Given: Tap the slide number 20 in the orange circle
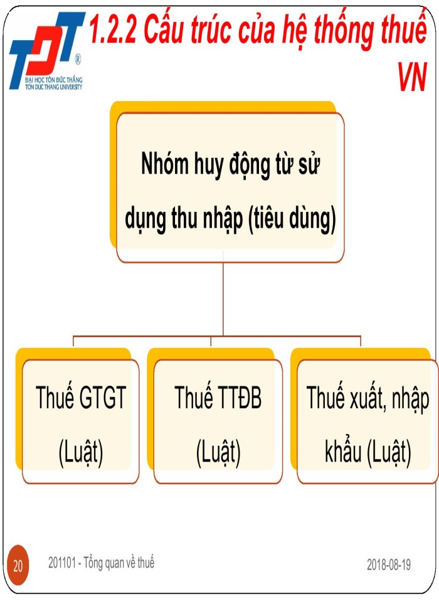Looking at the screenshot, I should (x=18, y=566).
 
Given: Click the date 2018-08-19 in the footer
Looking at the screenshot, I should (x=389, y=565).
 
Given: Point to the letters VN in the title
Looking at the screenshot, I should (x=412, y=79).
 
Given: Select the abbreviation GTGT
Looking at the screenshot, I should (x=103, y=399).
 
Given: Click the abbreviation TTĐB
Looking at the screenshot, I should (x=239, y=399).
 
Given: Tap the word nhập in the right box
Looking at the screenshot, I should (x=411, y=400).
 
